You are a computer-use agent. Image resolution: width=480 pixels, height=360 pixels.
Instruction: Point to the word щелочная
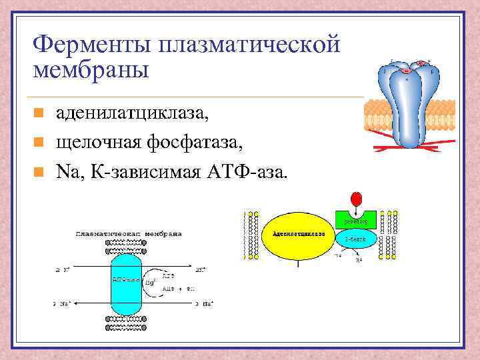tap(97, 142)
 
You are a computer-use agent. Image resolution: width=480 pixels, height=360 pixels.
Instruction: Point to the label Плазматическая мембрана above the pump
tap(129, 234)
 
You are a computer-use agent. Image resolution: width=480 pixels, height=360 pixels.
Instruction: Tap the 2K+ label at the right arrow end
tap(200, 270)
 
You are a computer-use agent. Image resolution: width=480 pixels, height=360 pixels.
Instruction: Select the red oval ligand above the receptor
tap(357, 198)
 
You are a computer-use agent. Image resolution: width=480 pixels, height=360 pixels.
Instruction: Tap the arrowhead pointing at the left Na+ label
tap(78, 303)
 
